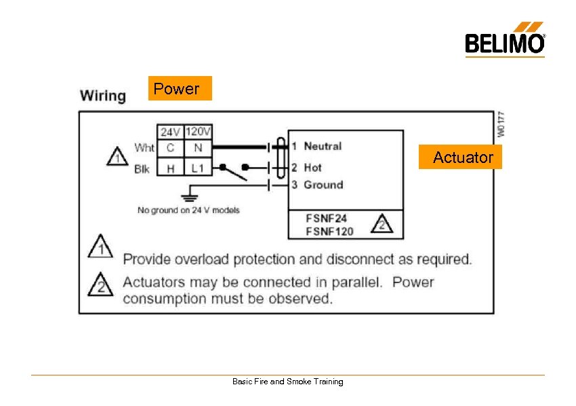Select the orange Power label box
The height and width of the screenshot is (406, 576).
click(x=180, y=88)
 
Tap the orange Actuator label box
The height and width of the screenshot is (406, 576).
click(x=463, y=158)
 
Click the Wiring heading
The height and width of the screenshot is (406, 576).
click(x=103, y=96)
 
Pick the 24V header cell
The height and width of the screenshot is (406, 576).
click(x=170, y=132)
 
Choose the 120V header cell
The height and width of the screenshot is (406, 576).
click(x=198, y=132)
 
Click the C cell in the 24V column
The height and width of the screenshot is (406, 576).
click(x=170, y=147)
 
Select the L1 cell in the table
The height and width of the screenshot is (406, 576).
click(x=198, y=168)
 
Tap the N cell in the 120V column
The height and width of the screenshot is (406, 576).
click(x=198, y=147)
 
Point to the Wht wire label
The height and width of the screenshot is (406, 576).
click(x=144, y=147)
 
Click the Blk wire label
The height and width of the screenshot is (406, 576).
click(x=142, y=169)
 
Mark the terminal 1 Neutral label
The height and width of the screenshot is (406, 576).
click(x=316, y=146)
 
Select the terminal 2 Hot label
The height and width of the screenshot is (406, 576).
click(x=306, y=167)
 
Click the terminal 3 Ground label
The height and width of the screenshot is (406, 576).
click(x=317, y=185)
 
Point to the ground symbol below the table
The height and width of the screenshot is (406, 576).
click(x=191, y=197)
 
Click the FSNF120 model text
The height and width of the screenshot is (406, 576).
click(x=330, y=232)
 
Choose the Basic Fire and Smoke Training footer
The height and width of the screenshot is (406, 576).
click(x=288, y=382)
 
